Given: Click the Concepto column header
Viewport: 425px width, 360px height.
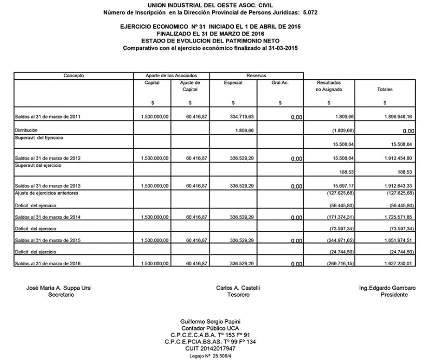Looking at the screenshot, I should point(74,76).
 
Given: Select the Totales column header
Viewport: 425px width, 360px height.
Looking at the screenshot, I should point(385,90).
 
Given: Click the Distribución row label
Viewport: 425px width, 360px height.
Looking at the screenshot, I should point(26,129).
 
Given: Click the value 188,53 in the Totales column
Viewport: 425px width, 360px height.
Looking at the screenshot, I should point(404,172).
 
